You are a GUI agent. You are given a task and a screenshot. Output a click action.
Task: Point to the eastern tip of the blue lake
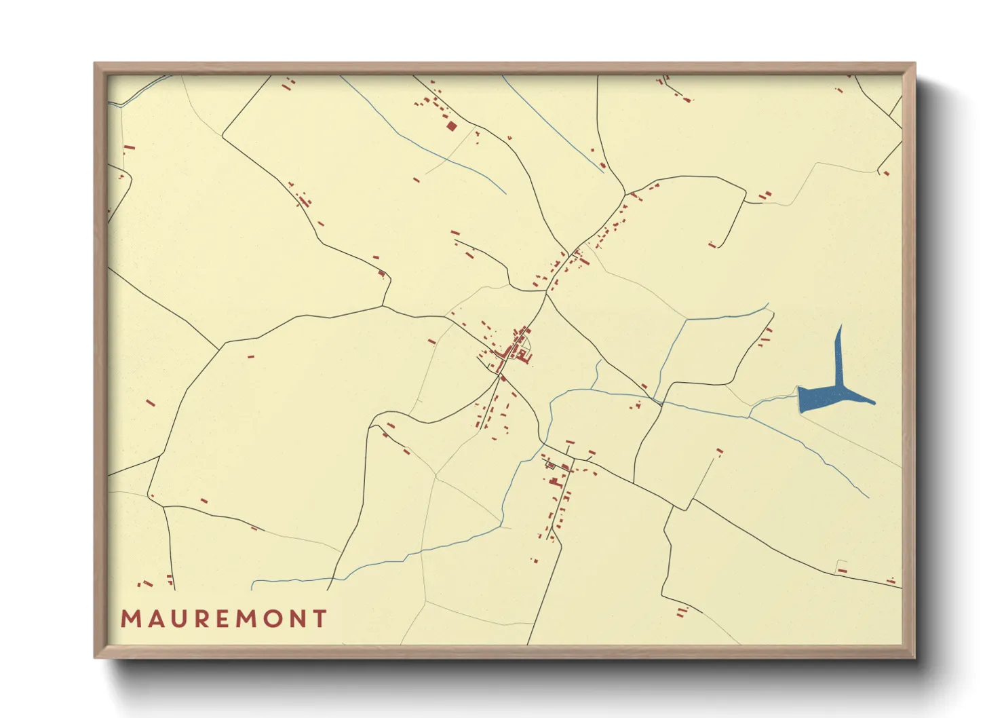click(872, 402)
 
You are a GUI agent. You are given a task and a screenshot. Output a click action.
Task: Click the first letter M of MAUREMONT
click(130, 619)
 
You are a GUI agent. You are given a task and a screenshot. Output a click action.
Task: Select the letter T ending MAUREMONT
click(320, 619)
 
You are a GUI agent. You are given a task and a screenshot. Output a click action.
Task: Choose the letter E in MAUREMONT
click(220, 619)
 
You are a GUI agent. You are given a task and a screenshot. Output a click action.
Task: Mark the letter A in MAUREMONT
click(153, 619)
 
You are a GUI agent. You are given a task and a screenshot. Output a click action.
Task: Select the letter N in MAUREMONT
click(297, 619)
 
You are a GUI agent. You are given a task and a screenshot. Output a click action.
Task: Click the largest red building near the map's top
click(451, 126)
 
